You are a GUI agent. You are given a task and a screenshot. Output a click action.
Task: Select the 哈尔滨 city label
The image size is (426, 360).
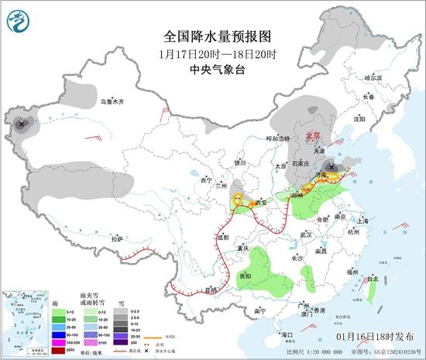(x=373, y=77)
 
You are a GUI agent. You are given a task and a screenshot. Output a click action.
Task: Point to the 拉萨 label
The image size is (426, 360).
(x=117, y=238)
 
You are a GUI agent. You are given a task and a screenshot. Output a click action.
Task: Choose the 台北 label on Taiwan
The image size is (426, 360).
(x=374, y=279)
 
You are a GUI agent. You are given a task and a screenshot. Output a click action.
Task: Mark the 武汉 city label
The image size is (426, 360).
(x=305, y=234)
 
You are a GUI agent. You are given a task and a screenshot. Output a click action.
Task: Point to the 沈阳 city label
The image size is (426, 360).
(x=359, y=119)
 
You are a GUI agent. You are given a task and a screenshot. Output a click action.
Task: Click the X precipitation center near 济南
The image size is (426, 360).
(x=332, y=166)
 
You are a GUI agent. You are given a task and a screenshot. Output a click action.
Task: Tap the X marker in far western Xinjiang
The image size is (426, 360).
(x=22, y=124)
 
